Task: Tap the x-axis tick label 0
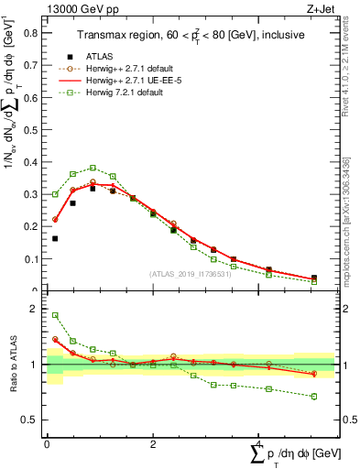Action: [x=47, y=444]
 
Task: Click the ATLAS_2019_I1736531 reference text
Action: [x=191, y=275]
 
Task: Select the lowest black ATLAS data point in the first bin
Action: [x=55, y=238]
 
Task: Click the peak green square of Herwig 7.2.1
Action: [x=93, y=168]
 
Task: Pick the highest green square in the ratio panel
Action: [x=55, y=315]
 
